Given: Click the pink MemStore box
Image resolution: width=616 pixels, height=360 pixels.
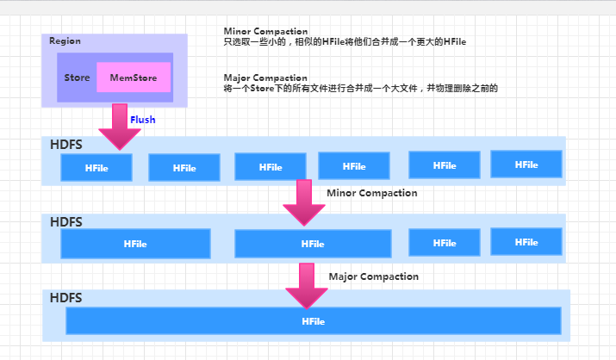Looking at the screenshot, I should (x=134, y=78).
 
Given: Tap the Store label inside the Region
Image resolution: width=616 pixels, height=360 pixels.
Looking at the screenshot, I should (x=77, y=78).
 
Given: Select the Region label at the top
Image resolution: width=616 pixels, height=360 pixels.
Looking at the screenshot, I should (x=65, y=41).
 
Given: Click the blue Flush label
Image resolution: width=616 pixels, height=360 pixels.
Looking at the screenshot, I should (x=143, y=120).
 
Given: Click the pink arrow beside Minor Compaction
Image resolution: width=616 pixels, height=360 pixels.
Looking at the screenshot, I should (x=303, y=202).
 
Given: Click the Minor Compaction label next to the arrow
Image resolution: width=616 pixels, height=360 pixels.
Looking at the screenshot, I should (x=371, y=193).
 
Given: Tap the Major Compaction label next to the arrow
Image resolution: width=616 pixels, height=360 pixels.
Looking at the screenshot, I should (x=373, y=276).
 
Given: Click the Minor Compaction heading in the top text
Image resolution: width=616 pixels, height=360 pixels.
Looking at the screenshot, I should (x=265, y=31).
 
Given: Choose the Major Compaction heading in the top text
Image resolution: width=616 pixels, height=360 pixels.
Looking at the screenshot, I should (x=264, y=78).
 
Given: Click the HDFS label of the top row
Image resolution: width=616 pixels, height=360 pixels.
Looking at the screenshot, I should (x=65, y=145).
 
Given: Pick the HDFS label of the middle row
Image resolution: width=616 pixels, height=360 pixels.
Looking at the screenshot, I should (x=65, y=221).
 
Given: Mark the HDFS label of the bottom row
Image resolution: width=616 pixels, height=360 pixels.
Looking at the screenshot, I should (x=65, y=297).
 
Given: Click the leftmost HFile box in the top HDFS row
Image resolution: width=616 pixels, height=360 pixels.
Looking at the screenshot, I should (x=96, y=167).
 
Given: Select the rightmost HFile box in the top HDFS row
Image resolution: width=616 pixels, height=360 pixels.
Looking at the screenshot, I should (x=526, y=164).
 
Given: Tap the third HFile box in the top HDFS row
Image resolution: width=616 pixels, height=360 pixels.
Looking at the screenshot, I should (x=270, y=167).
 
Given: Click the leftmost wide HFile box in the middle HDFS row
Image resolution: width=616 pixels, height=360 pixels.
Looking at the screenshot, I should (x=135, y=244).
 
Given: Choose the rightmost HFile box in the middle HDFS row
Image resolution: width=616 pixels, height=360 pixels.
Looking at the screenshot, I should (x=526, y=243).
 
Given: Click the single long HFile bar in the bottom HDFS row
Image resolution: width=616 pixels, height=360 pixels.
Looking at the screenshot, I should (x=313, y=321).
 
